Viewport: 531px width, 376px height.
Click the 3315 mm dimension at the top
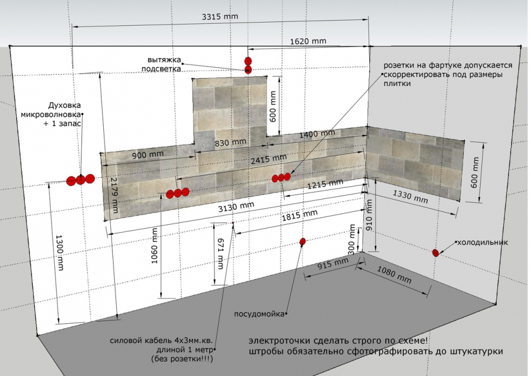point(220,16)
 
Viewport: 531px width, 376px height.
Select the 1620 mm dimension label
point(308,41)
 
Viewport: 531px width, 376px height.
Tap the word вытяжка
point(164,60)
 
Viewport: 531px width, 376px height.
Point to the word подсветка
point(161,69)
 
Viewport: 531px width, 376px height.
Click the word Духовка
point(64,105)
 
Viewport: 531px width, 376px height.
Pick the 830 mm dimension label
point(231,143)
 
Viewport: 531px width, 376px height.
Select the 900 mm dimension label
point(148,154)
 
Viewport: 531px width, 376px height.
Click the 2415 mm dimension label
point(269,159)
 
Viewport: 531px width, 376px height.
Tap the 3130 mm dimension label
point(236,207)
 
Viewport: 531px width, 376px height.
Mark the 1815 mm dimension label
point(300,215)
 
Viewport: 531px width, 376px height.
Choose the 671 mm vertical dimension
point(220,253)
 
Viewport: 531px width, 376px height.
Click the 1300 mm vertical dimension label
point(60,253)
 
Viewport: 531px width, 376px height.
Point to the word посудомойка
point(259,314)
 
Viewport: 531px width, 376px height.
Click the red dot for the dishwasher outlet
point(303,242)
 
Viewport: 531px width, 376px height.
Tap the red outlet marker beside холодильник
point(435,253)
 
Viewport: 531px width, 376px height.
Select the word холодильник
point(483,243)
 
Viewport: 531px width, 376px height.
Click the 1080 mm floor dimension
point(394,275)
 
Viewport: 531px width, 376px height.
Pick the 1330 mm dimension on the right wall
point(410,197)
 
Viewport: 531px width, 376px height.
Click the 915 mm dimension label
point(333,264)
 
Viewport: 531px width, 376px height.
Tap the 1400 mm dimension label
point(317,134)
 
